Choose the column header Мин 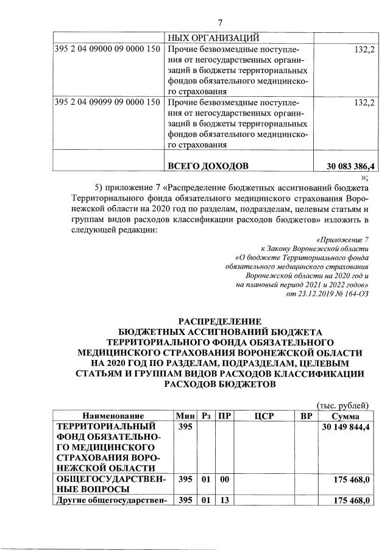point(184,417)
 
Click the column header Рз point(206,417)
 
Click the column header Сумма point(346,417)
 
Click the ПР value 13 point(224,501)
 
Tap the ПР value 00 point(224,480)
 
